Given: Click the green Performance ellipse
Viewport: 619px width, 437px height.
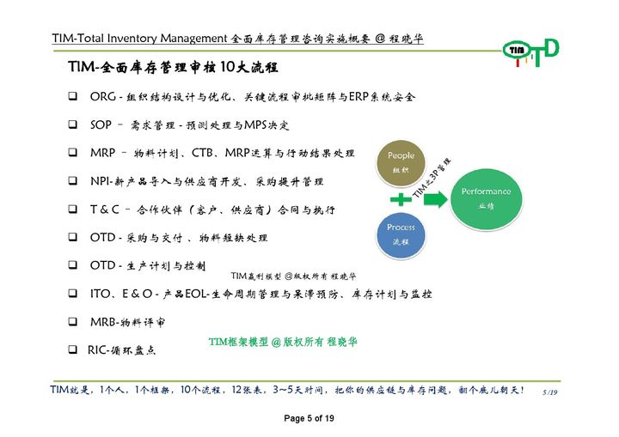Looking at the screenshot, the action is coord(487,197).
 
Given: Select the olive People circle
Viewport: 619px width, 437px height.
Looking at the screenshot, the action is coord(401,161).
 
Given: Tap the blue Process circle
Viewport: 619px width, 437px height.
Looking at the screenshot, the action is coord(401,234).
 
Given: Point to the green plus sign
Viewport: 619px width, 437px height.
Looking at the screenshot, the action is coord(400,199).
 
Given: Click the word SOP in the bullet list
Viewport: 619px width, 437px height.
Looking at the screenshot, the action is coord(101,125).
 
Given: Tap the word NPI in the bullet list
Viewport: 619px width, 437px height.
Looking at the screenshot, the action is coord(99,182).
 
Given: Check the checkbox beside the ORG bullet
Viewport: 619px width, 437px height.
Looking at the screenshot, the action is coord(73,97).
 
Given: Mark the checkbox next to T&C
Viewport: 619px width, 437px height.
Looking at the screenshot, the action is coord(73,209).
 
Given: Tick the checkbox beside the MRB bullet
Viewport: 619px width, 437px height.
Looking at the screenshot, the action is coord(73,322).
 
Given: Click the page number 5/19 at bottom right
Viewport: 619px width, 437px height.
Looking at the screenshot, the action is coord(550,392).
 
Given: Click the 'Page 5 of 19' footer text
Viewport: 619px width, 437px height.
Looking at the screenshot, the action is coord(309,418).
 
